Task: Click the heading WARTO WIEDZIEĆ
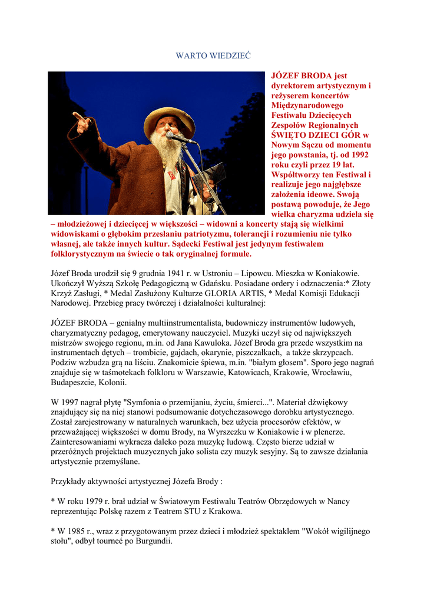tap(213, 55)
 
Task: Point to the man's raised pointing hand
tap(81, 121)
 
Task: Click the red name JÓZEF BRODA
tap(301, 76)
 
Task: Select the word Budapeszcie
tap(74, 382)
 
